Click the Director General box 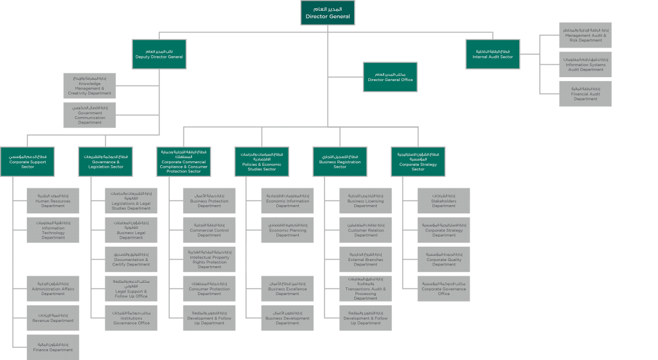point(328,13)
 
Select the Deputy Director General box point(159,54)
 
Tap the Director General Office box point(390,77)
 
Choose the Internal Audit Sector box point(493,54)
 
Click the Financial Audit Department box point(585,94)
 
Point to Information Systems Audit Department point(585,65)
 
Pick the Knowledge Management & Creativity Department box point(89,86)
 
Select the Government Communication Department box point(89,115)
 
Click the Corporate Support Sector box point(27,161)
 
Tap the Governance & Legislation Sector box point(105,161)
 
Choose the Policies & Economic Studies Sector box point(262,161)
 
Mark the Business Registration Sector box point(340,161)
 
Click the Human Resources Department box point(53,201)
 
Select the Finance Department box point(53,347)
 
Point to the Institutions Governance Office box point(131,318)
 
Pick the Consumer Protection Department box point(209,289)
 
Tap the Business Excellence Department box point(288,289)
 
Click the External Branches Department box point(366,260)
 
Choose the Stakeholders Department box point(443,201)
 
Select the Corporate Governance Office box point(443,289)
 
